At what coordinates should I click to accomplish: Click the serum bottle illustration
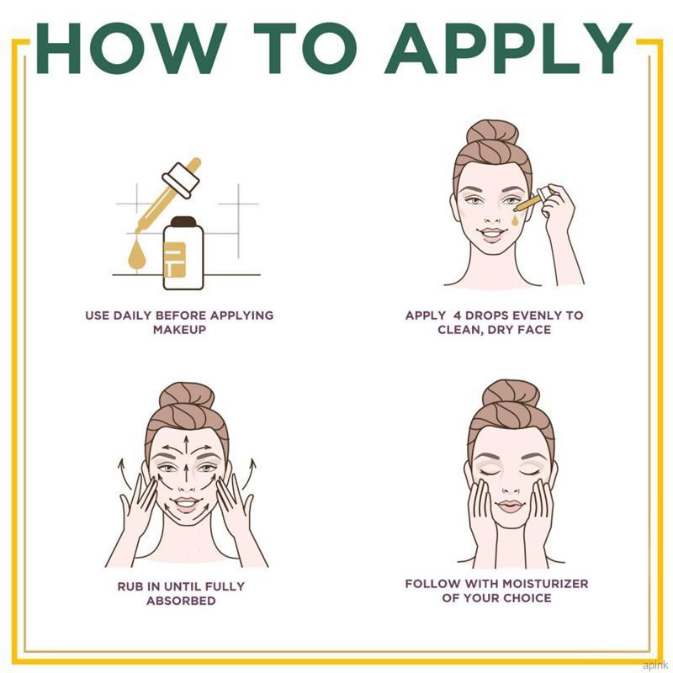pyautogui.click(x=183, y=253)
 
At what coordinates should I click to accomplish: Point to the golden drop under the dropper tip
pyautogui.click(x=137, y=255)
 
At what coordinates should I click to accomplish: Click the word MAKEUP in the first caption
pyautogui.click(x=179, y=330)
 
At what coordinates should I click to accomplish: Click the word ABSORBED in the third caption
pyautogui.click(x=181, y=601)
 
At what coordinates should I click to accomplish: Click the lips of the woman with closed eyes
pyautogui.click(x=511, y=506)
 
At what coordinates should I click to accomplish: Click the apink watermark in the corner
pyautogui.click(x=653, y=665)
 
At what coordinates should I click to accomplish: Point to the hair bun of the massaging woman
pyautogui.click(x=186, y=395)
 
